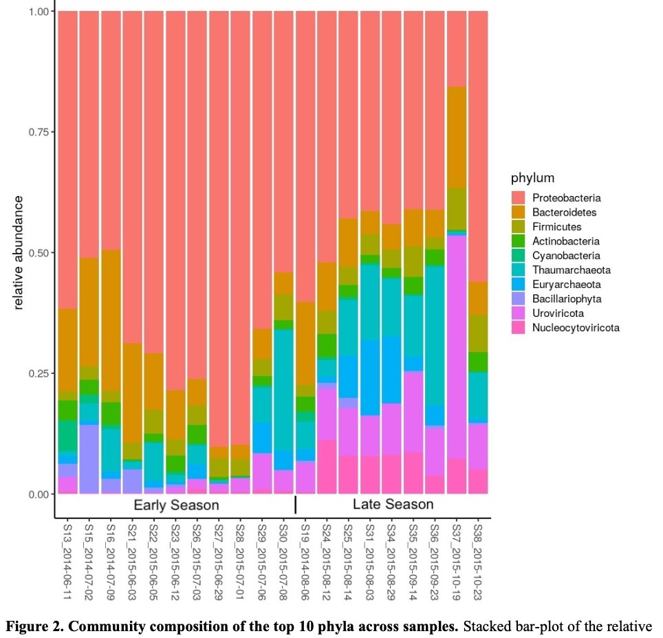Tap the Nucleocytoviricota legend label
[x=576, y=328]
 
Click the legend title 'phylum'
[x=532, y=179]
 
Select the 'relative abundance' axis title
[x=19, y=252]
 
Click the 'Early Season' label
[x=176, y=505]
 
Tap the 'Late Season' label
[x=393, y=505]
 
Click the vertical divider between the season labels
[x=296, y=505]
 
